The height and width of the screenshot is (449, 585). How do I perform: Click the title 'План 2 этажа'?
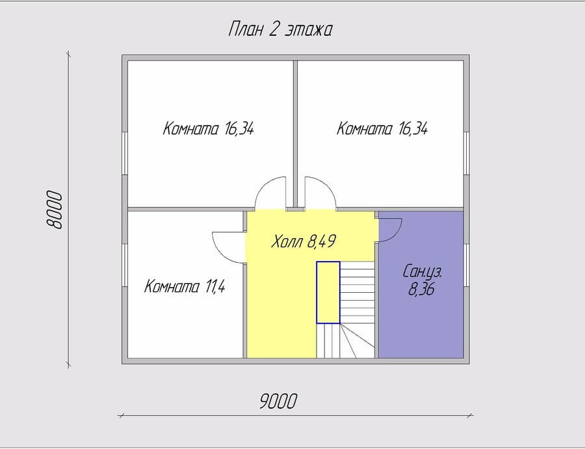[x=279, y=29]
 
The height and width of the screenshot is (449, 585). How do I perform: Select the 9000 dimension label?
[x=278, y=401]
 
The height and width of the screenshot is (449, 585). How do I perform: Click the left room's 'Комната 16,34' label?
[x=209, y=128]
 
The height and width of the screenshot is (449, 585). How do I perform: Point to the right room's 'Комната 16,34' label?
[x=382, y=128]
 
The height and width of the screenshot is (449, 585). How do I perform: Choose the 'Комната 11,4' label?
[x=185, y=286]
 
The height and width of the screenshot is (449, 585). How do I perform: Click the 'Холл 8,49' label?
[x=304, y=241]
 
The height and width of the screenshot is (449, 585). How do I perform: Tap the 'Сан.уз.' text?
[x=422, y=272]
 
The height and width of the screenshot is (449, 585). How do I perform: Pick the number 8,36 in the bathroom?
[x=421, y=289]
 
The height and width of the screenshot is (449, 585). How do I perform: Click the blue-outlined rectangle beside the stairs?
[x=328, y=292]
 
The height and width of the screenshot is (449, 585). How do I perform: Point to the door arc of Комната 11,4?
[x=220, y=251]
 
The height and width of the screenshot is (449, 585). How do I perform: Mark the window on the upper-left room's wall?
[x=125, y=153]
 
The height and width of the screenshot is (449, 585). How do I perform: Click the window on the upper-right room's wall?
[x=466, y=153]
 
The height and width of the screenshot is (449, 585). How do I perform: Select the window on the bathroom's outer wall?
[x=466, y=265]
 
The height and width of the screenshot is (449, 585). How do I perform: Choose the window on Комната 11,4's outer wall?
[x=125, y=265]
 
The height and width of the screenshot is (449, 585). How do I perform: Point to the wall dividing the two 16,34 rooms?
[x=295, y=133]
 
